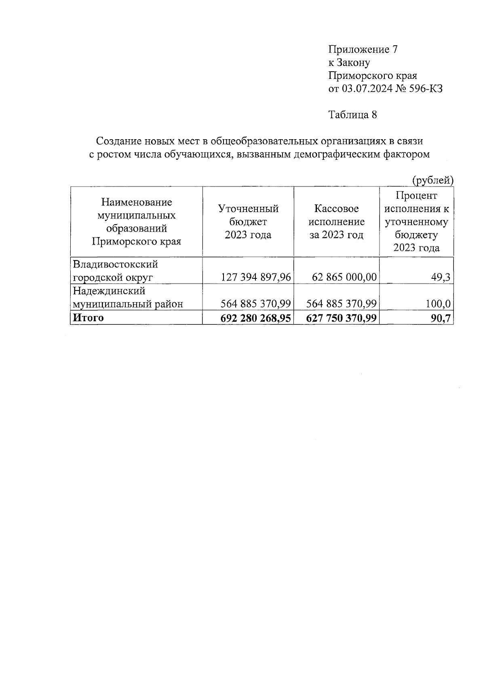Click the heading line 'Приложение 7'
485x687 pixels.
coord(363,49)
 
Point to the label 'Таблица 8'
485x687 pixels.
coord(352,115)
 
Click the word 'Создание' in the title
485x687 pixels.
coord(117,141)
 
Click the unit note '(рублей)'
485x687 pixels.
coord(432,180)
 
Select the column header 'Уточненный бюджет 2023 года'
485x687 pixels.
coord(248,222)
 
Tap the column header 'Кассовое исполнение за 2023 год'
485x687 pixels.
coord(336,222)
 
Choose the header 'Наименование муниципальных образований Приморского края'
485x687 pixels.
coord(136,222)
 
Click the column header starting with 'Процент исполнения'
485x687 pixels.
coord(416,222)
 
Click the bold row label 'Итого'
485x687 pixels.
coord(88,318)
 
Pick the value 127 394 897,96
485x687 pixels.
coord(256,278)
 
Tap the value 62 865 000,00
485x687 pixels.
coord(344,278)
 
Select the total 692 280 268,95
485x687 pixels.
coord(255,318)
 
